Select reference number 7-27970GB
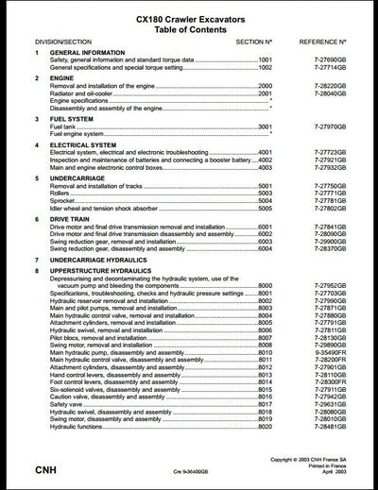326,127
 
